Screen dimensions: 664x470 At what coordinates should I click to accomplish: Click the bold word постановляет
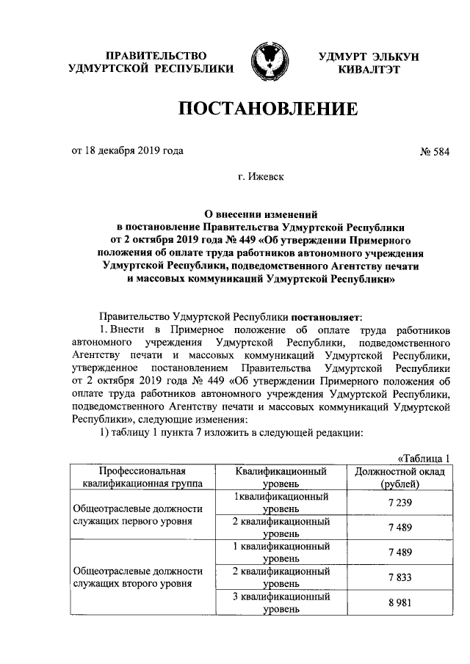point(326,317)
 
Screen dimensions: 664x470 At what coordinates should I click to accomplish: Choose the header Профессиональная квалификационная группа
point(140,478)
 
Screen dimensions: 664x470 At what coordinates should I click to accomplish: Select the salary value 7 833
point(399,578)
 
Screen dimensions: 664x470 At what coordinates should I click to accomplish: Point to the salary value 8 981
point(399,604)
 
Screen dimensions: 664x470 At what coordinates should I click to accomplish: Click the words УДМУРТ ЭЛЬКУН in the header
point(368,56)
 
